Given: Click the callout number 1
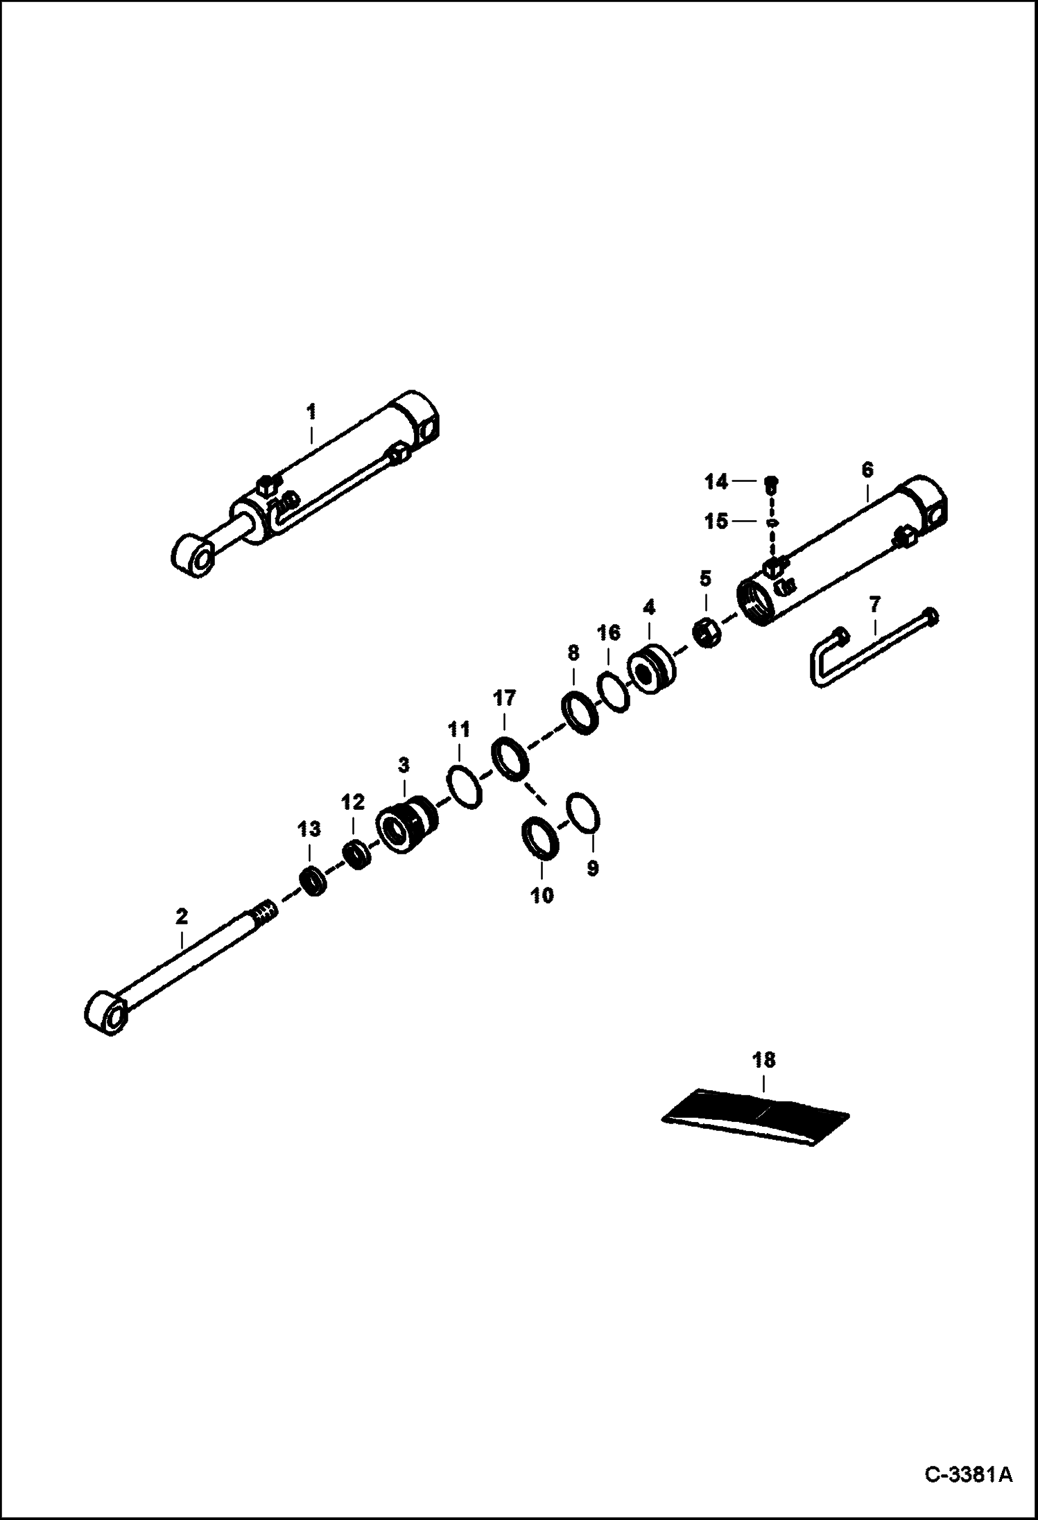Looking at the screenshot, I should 311,412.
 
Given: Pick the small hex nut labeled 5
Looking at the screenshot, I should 707,634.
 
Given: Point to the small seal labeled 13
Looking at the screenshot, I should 312,881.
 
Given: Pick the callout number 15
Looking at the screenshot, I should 716,521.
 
